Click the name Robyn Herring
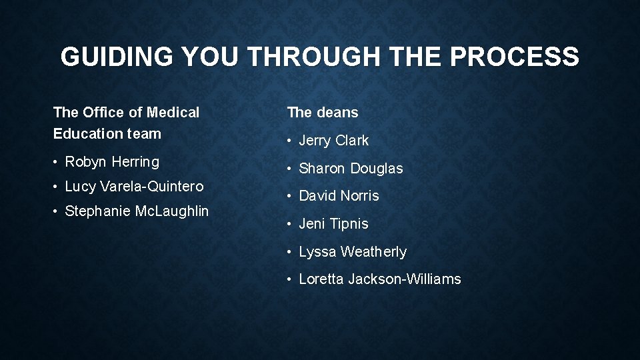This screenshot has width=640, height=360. (x=112, y=162)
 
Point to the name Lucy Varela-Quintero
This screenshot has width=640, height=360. (x=134, y=187)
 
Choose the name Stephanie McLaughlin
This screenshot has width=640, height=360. (x=137, y=211)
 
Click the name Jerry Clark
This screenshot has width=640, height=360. (x=333, y=141)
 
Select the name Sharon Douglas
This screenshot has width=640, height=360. (x=351, y=169)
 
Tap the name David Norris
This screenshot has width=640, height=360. (x=339, y=196)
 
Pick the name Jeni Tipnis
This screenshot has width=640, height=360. (x=333, y=224)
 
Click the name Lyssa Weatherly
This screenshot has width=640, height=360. (x=353, y=252)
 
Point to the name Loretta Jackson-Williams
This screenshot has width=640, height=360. (x=379, y=279)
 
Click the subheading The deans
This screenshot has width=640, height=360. (x=323, y=113)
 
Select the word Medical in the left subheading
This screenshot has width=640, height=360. (x=173, y=113)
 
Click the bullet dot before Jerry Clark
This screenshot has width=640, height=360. (x=290, y=141)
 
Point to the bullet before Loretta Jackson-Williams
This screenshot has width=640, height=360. (x=290, y=280)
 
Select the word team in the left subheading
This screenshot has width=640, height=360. (x=144, y=133)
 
